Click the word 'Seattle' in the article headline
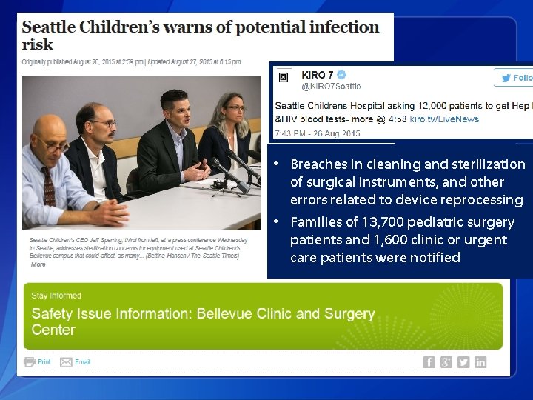pos(49,27)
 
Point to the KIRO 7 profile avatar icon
pos(284,78)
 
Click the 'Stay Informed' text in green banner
pos(56,296)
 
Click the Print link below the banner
pos(44,361)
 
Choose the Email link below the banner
pos(82,361)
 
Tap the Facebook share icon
pos(429,361)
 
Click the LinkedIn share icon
pos(480,361)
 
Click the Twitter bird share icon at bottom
pos(463,361)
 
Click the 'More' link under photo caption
pos(38,264)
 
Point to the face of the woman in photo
pos(235,109)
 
